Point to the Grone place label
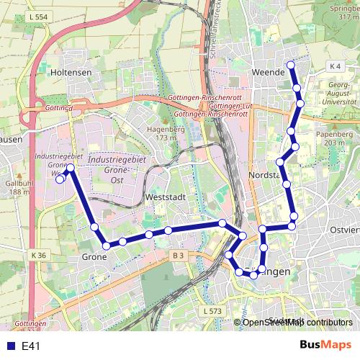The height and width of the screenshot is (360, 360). point(94,257)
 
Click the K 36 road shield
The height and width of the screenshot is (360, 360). point(38,255)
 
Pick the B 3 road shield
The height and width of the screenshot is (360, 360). point(179,255)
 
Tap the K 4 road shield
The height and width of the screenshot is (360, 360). point(333,66)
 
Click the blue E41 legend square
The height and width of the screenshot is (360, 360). point(11,346)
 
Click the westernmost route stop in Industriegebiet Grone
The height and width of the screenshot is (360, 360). point(60,180)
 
